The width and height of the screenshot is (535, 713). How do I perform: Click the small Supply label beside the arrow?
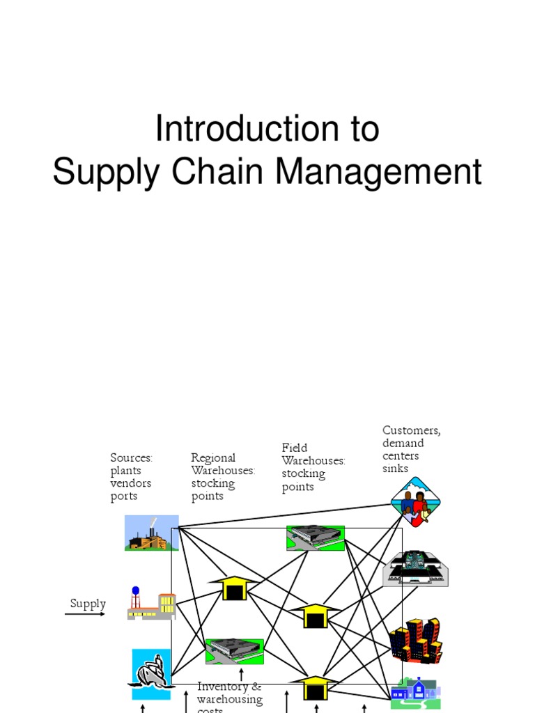click(88, 604)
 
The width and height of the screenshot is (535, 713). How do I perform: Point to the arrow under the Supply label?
click(85, 614)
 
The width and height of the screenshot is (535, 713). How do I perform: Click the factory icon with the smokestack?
click(151, 533)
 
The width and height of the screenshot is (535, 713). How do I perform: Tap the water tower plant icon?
click(151, 603)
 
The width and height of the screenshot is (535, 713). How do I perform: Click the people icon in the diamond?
click(415, 502)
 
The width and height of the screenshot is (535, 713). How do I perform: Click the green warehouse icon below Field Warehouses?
click(316, 537)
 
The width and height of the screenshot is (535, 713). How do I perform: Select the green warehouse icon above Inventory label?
click(235, 651)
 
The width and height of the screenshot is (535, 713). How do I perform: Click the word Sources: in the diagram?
click(131, 457)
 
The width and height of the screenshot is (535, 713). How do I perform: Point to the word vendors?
click(130, 483)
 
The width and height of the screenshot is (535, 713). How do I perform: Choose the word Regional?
click(213, 458)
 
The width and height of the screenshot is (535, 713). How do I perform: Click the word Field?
click(294, 448)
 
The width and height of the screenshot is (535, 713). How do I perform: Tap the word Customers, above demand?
click(411, 430)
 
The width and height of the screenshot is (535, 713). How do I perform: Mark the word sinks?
click(395, 469)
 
